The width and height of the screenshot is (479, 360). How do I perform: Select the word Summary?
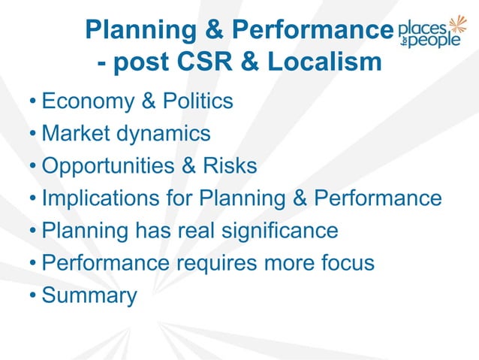point(89,296)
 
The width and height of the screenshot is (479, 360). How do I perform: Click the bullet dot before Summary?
point(34,296)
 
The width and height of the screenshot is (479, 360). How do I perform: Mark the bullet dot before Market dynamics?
point(34,134)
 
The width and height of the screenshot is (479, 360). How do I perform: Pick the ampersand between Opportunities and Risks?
point(189,165)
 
